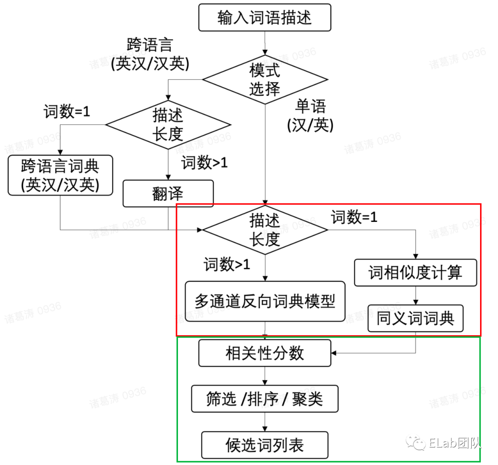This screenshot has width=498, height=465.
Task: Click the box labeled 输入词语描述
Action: (x=265, y=17)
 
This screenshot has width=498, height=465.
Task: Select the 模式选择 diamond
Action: (x=265, y=79)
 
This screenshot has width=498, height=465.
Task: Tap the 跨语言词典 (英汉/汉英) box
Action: (x=60, y=175)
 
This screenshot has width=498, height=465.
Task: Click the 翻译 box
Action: (x=168, y=193)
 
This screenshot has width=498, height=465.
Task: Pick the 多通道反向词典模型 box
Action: (x=265, y=302)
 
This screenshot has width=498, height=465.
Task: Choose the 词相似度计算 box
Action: (x=415, y=273)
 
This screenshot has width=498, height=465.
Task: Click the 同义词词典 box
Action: (x=415, y=318)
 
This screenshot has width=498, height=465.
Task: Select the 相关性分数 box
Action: (x=265, y=353)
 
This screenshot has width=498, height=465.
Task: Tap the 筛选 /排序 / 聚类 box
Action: (x=265, y=399)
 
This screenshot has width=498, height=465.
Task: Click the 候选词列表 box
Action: (x=265, y=445)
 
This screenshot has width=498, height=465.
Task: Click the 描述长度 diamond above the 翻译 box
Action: (x=168, y=124)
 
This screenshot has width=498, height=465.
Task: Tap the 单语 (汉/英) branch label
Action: (x=310, y=116)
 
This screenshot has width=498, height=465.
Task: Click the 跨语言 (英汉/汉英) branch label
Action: (x=150, y=54)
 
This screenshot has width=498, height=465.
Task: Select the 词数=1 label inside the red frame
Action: (x=354, y=217)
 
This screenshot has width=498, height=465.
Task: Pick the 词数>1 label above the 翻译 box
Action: (x=204, y=163)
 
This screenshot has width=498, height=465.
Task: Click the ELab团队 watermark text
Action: (x=455, y=443)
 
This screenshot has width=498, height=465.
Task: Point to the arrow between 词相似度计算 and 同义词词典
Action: (x=415, y=296)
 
